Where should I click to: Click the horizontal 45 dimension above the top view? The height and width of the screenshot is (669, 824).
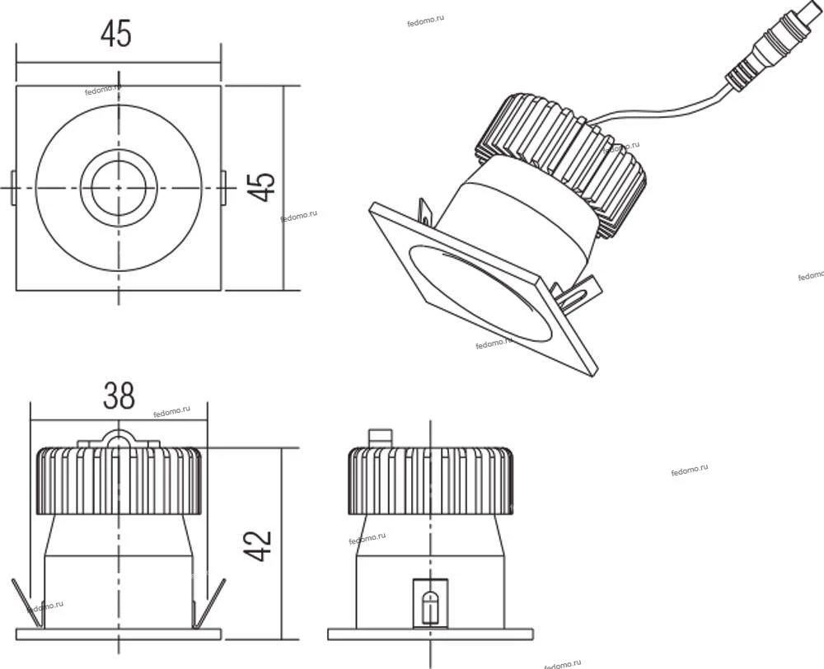coord(116,33)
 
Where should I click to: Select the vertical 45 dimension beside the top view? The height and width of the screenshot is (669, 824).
coord(261,186)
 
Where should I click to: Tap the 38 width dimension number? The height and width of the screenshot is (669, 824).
coord(119,395)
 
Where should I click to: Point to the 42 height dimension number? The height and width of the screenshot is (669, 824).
coord(258,545)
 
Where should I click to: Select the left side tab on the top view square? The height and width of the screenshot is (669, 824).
coord(13,188)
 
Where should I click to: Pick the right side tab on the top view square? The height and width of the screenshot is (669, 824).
coord(223,188)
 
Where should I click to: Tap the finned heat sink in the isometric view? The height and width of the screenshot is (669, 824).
coord(565,163)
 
